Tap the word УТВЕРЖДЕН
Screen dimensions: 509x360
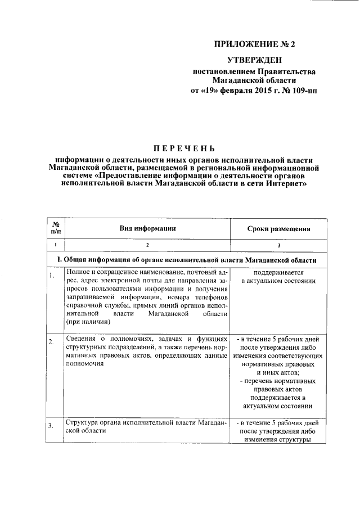click(x=253, y=60)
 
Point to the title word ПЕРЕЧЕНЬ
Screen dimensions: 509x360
click(x=184, y=148)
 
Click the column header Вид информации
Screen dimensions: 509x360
click(x=148, y=228)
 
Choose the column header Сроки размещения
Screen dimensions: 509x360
click(x=279, y=228)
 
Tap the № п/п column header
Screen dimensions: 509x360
click(x=56, y=227)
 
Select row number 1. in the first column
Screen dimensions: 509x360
click(x=52, y=275)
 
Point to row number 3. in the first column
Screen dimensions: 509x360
click(x=52, y=425)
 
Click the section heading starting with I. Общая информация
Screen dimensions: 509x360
click(x=190, y=260)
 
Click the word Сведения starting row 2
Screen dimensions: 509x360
click(x=80, y=339)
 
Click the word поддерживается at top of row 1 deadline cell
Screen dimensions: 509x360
click(x=276, y=272)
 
